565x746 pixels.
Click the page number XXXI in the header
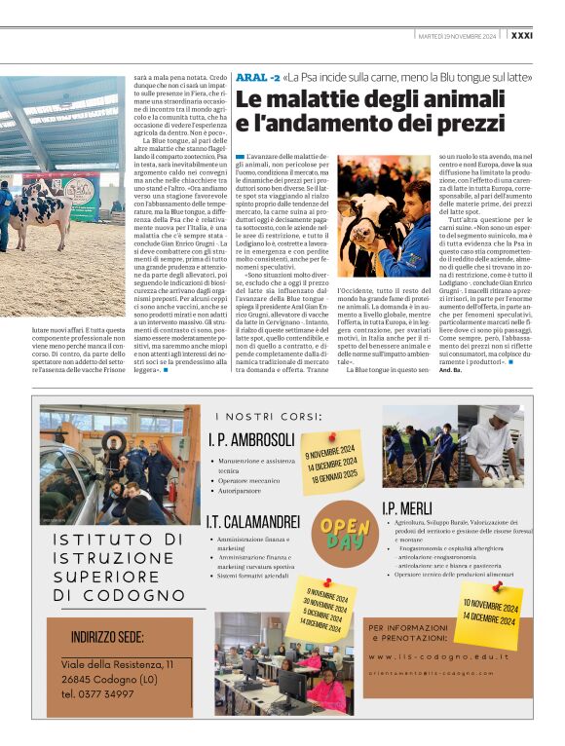(547, 35)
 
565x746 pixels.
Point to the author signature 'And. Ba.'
(451, 371)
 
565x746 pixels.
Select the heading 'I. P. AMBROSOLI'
(251, 437)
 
